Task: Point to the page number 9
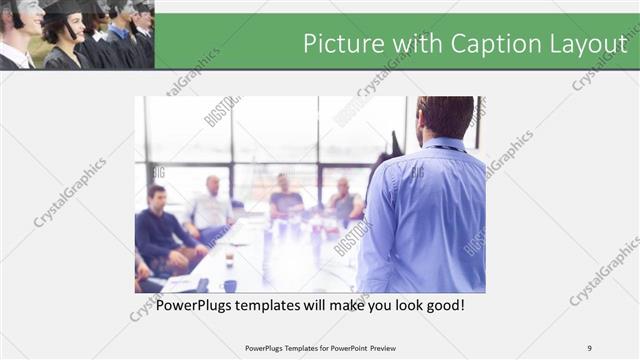pos(589,348)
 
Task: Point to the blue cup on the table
pos(229,285)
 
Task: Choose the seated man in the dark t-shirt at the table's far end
pos(286,198)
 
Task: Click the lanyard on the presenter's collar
pos(449,148)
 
